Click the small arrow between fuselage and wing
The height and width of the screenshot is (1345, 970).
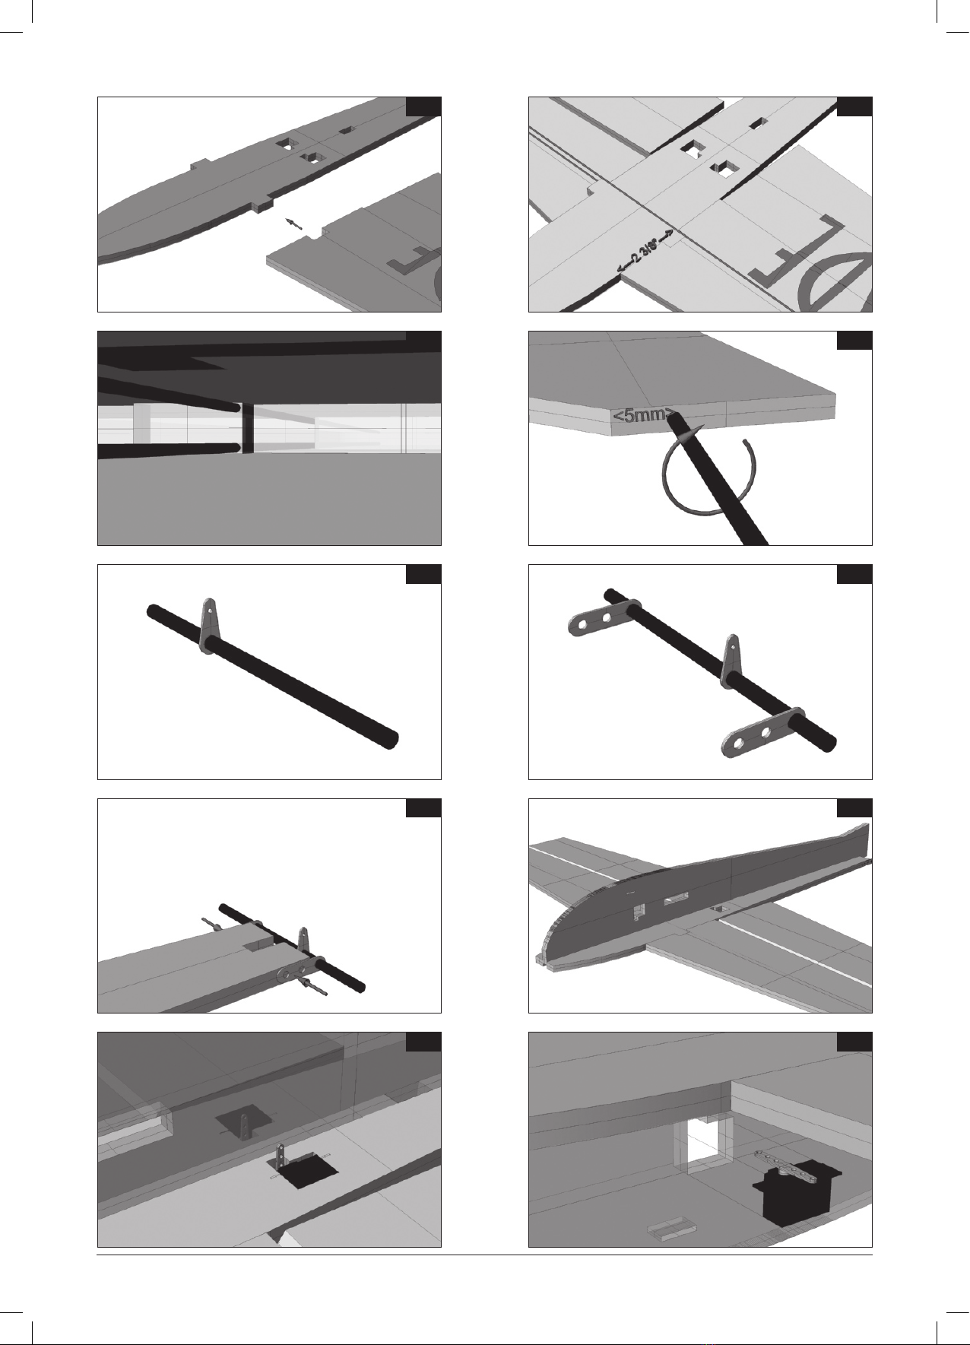[294, 224]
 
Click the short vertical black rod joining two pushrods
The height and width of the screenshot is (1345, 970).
[247, 428]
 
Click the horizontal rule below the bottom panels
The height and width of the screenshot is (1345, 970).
[484, 1255]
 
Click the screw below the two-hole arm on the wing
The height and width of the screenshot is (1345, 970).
[315, 987]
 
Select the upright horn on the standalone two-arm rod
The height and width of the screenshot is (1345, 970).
[731, 658]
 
